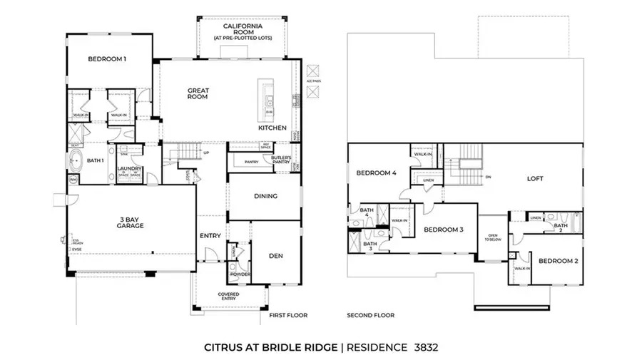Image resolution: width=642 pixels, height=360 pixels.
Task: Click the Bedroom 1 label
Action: [x=107, y=59]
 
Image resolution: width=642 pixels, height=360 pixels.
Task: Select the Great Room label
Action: [x=198, y=93]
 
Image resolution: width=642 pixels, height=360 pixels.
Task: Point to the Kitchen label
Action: [x=272, y=128]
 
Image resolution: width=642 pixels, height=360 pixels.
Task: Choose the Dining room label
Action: [x=265, y=196]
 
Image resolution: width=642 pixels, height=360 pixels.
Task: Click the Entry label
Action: [x=210, y=236]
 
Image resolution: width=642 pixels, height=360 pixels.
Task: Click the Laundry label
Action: [x=130, y=169]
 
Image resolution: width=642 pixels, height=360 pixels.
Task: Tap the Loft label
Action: [x=536, y=179]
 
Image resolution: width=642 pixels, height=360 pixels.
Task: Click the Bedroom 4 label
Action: [x=376, y=173]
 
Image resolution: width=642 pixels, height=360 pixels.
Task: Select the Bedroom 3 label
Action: [x=444, y=230]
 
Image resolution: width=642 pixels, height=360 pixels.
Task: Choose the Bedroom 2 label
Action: [x=558, y=261]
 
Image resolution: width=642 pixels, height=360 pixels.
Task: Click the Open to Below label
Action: [x=492, y=238]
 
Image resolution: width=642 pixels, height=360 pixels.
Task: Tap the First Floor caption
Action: [x=287, y=314]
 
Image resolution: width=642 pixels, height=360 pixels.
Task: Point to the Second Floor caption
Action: [x=370, y=314]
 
